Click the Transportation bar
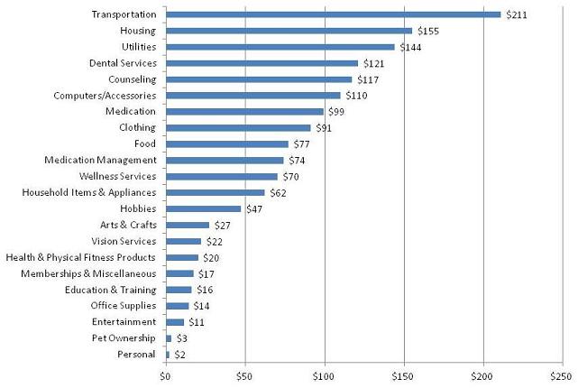point(333,14)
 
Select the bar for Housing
point(289,31)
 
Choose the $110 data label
point(356,96)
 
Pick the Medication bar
point(244,112)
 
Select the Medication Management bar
point(225,161)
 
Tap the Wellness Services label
point(118,177)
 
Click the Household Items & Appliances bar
point(216,193)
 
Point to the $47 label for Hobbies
point(254,209)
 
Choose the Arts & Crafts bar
point(188,225)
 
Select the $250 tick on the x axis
point(561,374)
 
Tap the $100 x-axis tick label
point(324,374)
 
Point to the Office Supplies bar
point(178,306)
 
